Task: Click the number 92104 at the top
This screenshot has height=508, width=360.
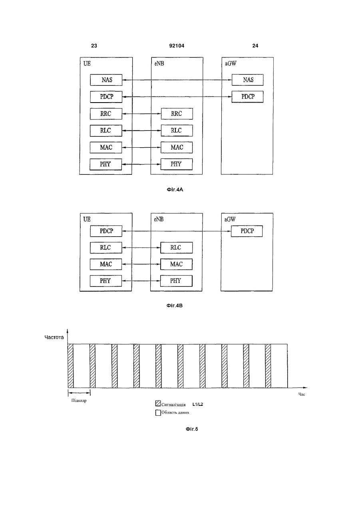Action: (x=177, y=46)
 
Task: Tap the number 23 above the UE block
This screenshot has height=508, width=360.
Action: (x=94, y=46)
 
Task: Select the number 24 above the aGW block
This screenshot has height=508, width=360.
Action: (x=255, y=46)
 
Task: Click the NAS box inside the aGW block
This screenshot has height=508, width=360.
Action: (x=248, y=80)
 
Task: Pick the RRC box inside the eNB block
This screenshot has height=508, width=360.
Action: (x=177, y=114)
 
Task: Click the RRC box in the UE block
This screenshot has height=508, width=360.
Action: (x=106, y=114)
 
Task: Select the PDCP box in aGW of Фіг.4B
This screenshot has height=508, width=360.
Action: (x=247, y=231)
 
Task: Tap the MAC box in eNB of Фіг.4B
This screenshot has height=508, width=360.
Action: (x=177, y=264)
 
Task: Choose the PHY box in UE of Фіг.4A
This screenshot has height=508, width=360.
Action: (x=105, y=164)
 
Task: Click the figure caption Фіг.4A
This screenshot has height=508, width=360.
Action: (x=175, y=190)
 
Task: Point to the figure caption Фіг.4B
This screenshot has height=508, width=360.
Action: (x=175, y=306)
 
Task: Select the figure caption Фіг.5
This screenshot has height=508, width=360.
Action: (x=192, y=429)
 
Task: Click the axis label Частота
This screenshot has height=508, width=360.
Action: (x=54, y=337)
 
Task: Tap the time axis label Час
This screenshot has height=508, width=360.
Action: (x=302, y=394)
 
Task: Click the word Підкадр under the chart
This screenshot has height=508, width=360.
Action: (x=79, y=401)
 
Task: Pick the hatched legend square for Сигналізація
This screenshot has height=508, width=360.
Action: (x=158, y=403)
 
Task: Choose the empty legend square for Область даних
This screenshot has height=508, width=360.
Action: (x=158, y=413)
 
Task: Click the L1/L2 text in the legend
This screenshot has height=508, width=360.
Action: (x=198, y=404)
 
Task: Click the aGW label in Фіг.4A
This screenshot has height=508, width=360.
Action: (x=231, y=63)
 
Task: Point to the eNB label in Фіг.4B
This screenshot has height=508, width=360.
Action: (x=159, y=219)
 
